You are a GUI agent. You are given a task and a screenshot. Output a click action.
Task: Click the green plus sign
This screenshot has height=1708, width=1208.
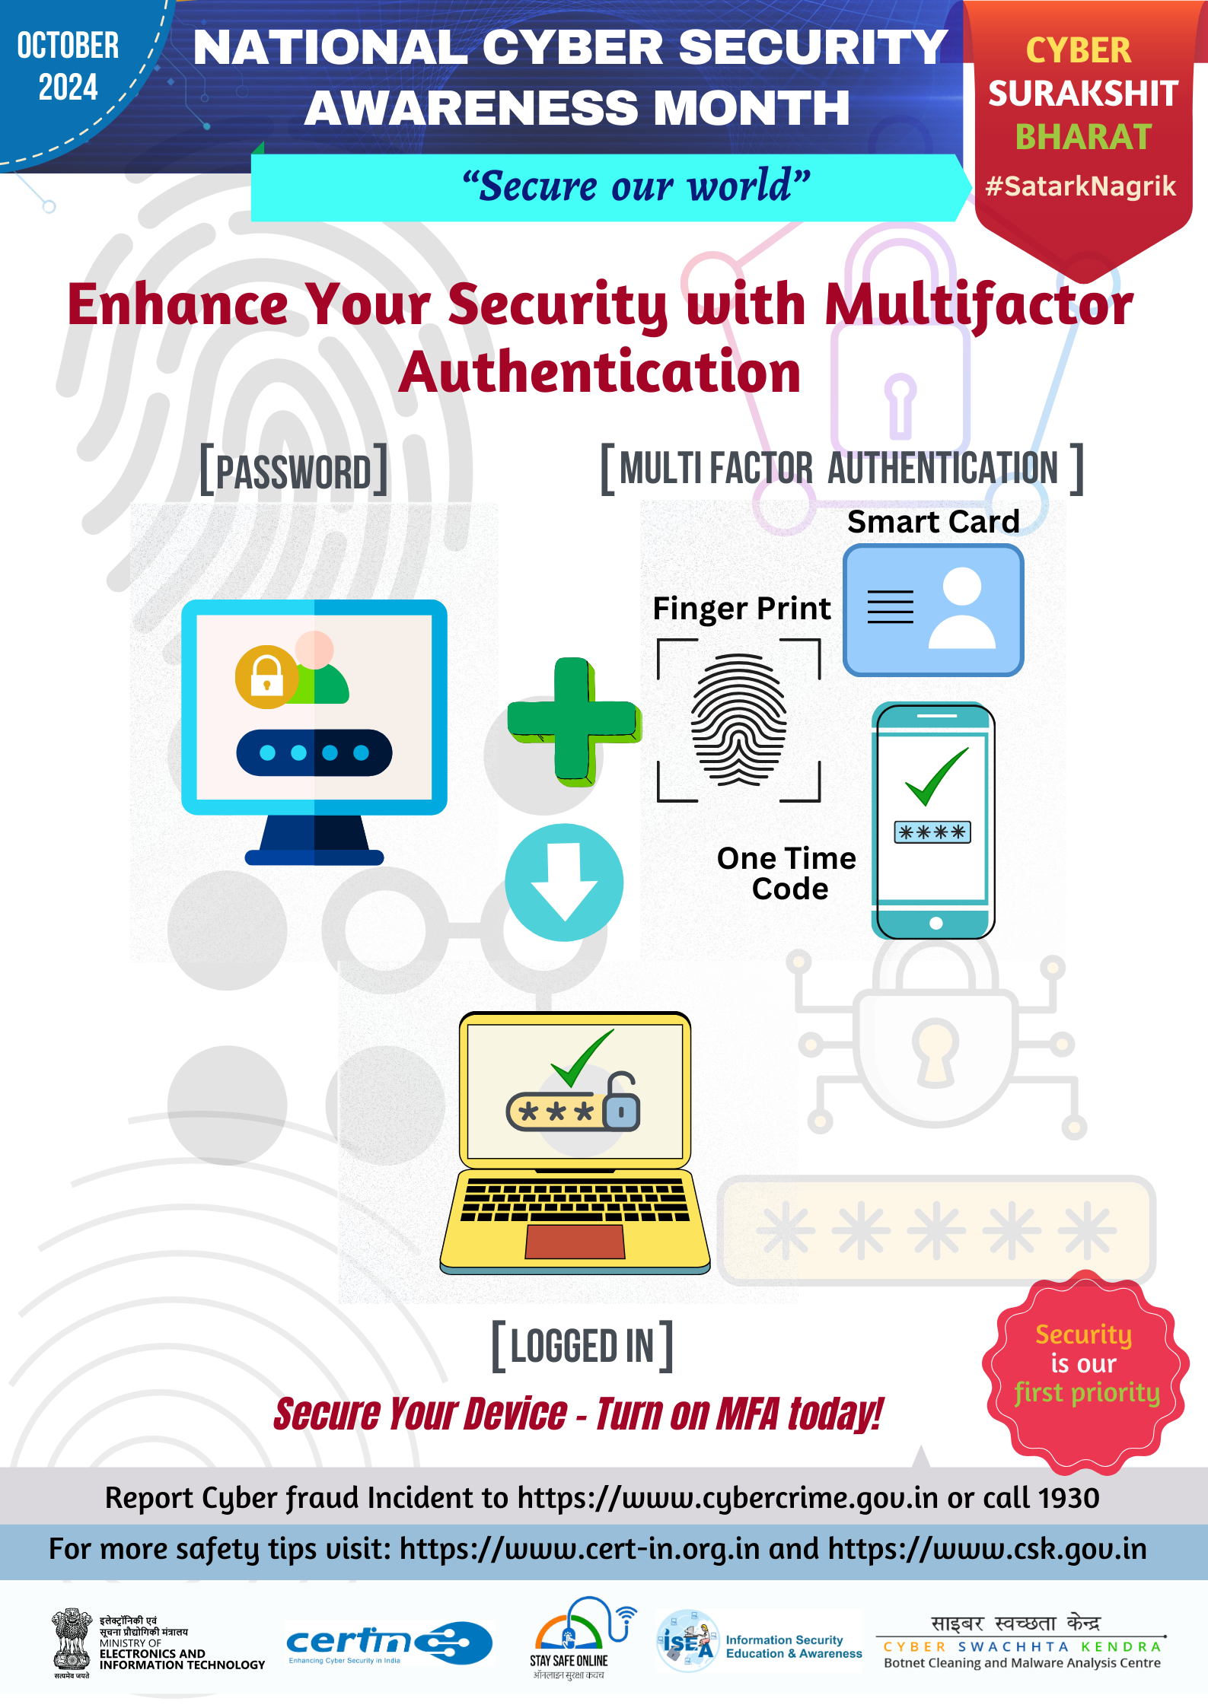[573, 721]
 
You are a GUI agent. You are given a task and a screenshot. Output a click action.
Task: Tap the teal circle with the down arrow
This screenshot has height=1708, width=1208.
[564, 883]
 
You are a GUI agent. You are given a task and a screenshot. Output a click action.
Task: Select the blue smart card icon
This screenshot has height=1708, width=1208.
[933, 610]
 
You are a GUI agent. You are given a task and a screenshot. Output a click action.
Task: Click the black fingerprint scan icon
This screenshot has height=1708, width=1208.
[739, 720]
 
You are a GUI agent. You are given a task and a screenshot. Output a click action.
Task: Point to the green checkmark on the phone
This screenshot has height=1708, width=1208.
[937, 776]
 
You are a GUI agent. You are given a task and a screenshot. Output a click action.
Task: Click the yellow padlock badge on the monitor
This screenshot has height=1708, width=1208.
[266, 676]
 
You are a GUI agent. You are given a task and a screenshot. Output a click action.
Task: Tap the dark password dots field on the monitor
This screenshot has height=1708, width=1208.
[314, 752]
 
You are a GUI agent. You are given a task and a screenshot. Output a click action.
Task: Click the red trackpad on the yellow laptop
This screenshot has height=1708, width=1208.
[575, 1242]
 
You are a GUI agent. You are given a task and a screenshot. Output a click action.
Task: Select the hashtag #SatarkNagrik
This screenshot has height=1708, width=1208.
[1081, 186]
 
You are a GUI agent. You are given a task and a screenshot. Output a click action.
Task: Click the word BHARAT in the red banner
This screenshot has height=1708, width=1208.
[1083, 137]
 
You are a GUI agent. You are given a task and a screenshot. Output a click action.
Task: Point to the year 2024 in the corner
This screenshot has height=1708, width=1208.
[69, 87]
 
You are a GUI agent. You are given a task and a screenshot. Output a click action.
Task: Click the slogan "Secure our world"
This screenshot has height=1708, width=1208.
[636, 186]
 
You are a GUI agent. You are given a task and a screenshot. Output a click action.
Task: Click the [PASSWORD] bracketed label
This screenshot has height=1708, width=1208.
[294, 470]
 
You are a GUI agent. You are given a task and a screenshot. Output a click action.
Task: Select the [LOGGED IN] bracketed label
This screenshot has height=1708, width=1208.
[582, 1346]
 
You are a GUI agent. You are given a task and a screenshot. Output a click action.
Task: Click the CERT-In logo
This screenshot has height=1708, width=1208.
[389, 1643]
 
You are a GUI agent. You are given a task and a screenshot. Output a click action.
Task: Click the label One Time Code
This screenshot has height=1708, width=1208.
[787, 873]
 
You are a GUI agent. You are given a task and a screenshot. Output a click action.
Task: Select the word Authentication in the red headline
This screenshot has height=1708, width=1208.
[600, 372]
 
